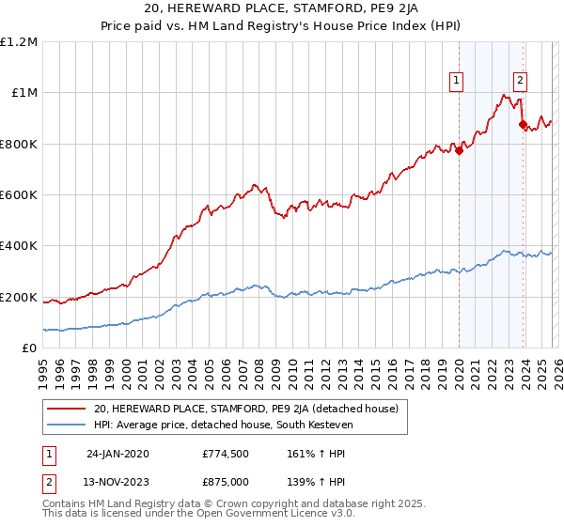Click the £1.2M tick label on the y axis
(x=19, y=42)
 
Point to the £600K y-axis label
(x=19, y=195)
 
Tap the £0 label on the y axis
(x=29, y=348)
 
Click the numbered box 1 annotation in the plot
(x=457, y=82)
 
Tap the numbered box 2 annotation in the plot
(x=520, y=82)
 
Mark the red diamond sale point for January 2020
(x=459, y=150)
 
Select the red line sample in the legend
(x=68, y=409)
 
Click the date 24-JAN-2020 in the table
(x=117, y=453)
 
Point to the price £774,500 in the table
(x=226, y=453)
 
